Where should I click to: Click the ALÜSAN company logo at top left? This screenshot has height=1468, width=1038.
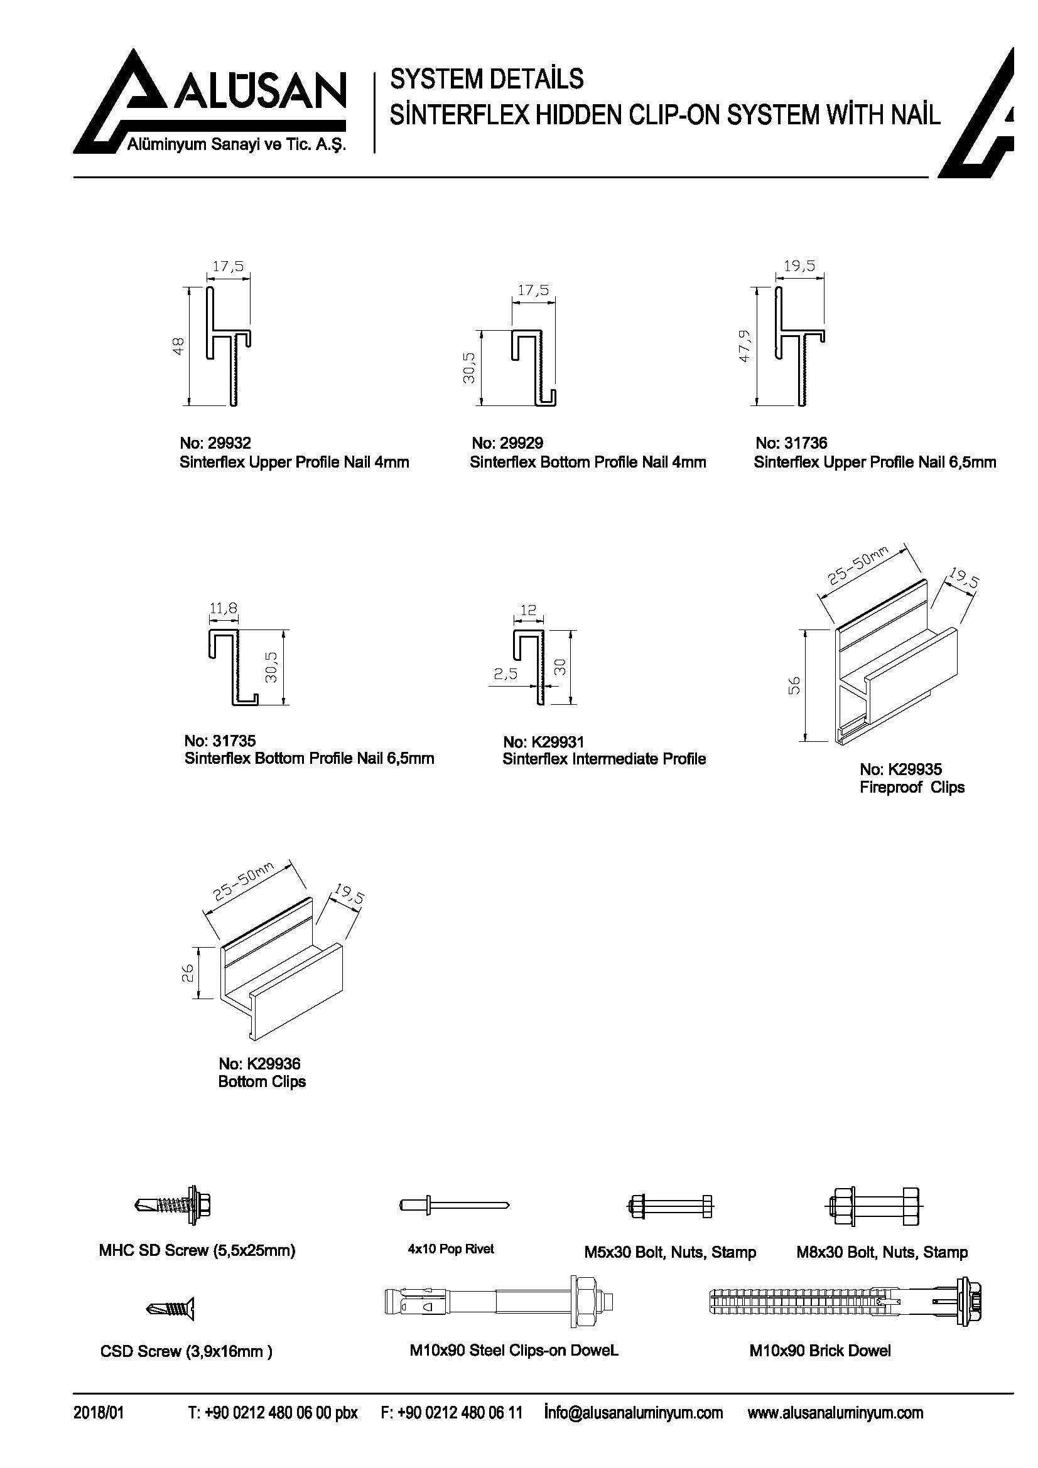211,102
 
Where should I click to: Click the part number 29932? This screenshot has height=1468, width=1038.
229,442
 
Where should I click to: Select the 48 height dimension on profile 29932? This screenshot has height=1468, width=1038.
179,346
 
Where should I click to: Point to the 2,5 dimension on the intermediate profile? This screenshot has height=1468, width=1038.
505,674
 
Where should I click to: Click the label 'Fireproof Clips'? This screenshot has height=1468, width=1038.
911,787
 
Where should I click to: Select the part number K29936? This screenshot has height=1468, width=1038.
273,1064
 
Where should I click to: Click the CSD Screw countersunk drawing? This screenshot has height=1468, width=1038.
171,1308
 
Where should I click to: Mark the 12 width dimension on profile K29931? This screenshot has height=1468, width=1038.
528,610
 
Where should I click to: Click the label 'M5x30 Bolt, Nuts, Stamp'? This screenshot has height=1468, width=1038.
669,1252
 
